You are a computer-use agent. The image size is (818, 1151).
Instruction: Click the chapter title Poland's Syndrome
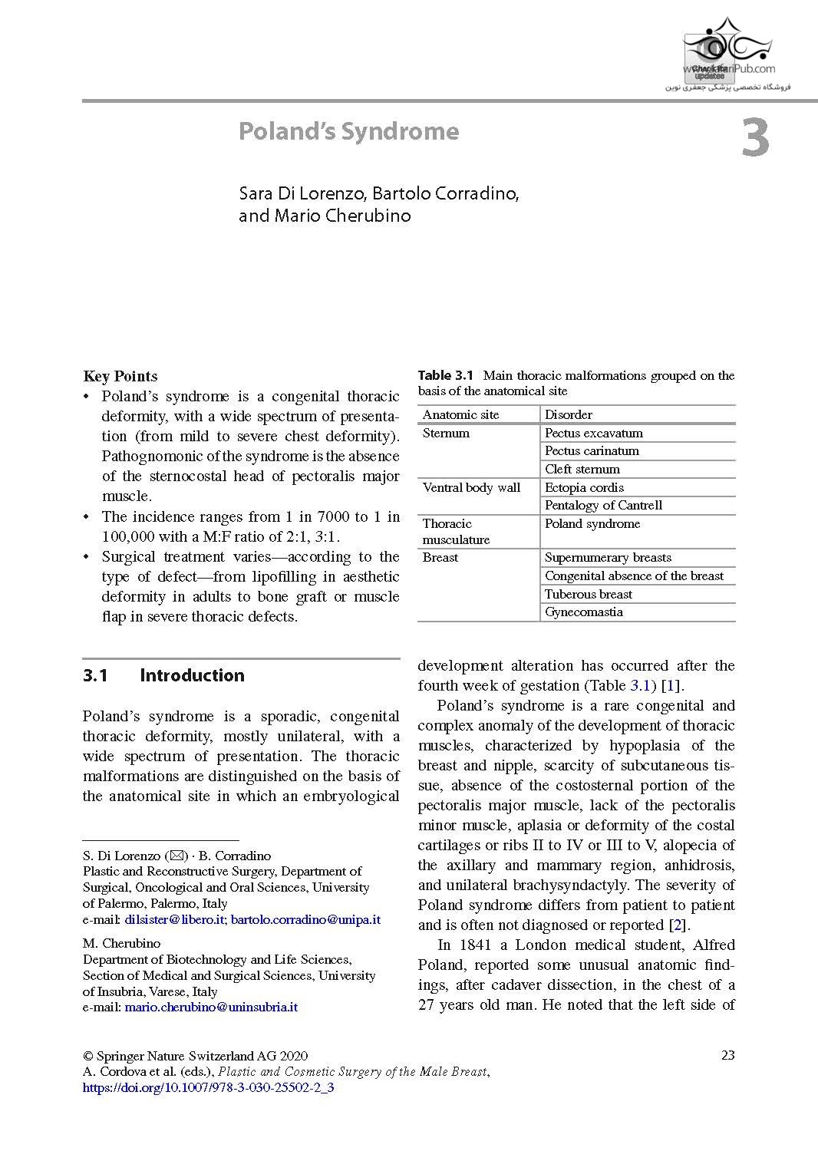[x=348, y=132]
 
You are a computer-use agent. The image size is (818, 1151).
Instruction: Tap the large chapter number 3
[x=755, y=139]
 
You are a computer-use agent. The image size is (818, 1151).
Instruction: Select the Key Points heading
[x=120, y=376]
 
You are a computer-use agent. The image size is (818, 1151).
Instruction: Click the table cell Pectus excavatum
[x=593, y=434]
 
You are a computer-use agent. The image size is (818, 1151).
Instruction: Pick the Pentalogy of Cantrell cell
[x=603, y=506]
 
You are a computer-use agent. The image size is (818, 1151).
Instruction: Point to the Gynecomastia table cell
[x=583, y=612]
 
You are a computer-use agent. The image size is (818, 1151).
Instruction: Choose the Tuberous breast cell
[x=588, y=595]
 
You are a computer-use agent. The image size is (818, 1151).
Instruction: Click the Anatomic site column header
[x=460, y=415]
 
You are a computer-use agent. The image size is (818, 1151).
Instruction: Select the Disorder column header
[x=568, y=415]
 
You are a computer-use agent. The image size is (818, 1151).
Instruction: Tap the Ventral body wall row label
[x=471, y=488]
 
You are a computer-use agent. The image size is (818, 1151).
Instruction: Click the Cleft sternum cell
[x=582, y=470]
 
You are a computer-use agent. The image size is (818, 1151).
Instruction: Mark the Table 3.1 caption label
[x=446, y=376]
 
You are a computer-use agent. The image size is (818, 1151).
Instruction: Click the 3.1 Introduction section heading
[x=163, y=676]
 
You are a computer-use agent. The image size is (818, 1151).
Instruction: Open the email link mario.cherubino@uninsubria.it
[x=211, y=1007]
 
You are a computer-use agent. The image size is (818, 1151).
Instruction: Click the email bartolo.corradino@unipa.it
[x=305, y=919]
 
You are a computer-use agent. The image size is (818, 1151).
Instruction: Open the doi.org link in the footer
[x=208, y=1087]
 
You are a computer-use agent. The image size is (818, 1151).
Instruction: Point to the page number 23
[x=728, y=1055]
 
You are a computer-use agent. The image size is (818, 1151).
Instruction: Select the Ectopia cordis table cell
[x=584, y=488]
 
